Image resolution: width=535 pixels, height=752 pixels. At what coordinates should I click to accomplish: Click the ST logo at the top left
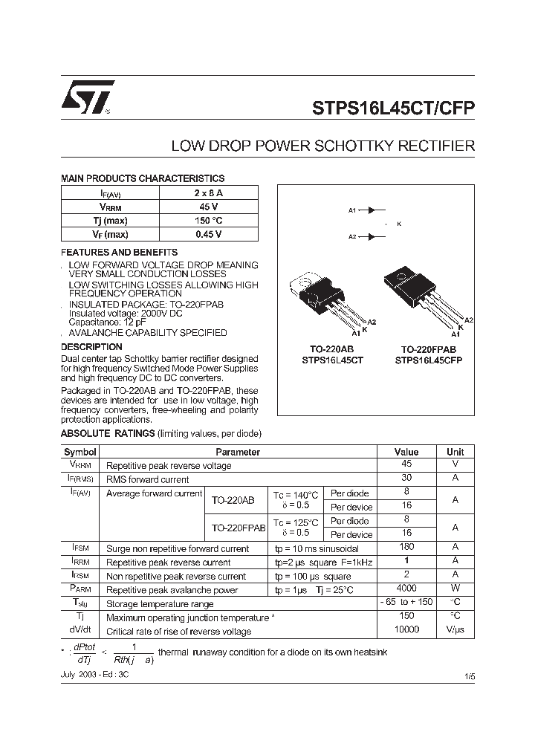(88, 97)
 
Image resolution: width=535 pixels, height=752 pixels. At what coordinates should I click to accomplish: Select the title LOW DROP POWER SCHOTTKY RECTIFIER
(323, 146)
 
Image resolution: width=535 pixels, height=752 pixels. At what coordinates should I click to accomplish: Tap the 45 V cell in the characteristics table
(209, 207)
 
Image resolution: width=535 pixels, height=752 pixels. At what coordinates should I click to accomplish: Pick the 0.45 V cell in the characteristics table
(209, 234)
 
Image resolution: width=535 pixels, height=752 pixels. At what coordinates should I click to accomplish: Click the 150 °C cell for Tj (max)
(209, 221)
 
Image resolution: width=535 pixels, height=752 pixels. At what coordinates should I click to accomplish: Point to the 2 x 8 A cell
(209, 193)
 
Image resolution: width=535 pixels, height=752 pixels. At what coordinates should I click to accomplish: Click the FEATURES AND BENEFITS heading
(119, 253)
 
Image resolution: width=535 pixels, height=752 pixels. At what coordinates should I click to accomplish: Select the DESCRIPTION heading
(91, 347)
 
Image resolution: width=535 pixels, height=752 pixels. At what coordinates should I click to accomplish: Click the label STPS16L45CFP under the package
(428, 360)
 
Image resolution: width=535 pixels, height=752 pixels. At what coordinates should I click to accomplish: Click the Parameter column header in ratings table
(238, 452)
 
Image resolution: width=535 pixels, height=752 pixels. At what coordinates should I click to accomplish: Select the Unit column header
(455, 452)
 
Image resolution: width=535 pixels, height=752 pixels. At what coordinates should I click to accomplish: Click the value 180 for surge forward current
(406, 548)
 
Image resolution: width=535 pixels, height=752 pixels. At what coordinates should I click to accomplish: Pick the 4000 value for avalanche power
(406, 589)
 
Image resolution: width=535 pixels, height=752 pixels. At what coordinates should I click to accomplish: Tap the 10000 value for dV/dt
(406, 630)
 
